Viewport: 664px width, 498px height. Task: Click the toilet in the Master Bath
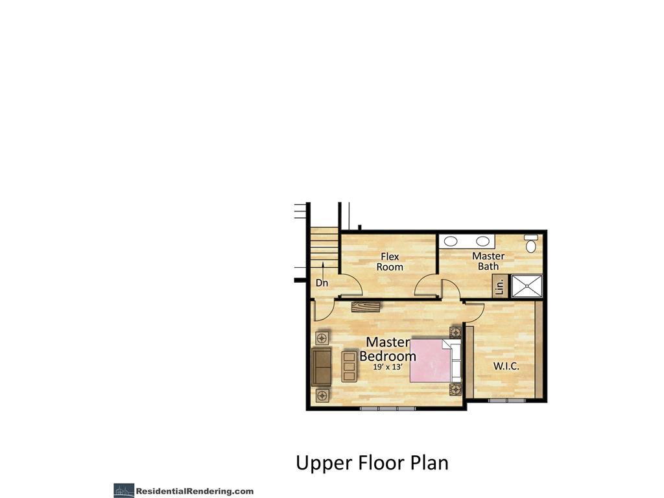[531, 244]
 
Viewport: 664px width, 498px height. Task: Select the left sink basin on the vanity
[451, 241]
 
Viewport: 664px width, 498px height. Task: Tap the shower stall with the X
[526, 285]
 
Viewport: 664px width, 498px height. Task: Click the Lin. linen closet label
[499, 286]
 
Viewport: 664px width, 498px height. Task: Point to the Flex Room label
[390, 262]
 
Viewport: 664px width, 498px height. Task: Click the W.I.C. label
[506, 366]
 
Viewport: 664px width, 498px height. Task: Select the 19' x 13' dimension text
[388, 367]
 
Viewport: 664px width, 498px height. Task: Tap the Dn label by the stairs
[322, 283]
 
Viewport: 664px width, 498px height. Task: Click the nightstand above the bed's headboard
[455, 332]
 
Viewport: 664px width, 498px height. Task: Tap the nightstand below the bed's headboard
[455, 389]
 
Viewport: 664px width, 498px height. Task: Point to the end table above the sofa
[321, 338]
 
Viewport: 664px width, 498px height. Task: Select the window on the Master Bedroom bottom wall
[387, 409]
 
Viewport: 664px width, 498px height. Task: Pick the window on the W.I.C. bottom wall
[506, 401]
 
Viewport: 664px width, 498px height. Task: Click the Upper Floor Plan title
[372, 463]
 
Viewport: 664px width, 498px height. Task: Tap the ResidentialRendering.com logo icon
[124, 491]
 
